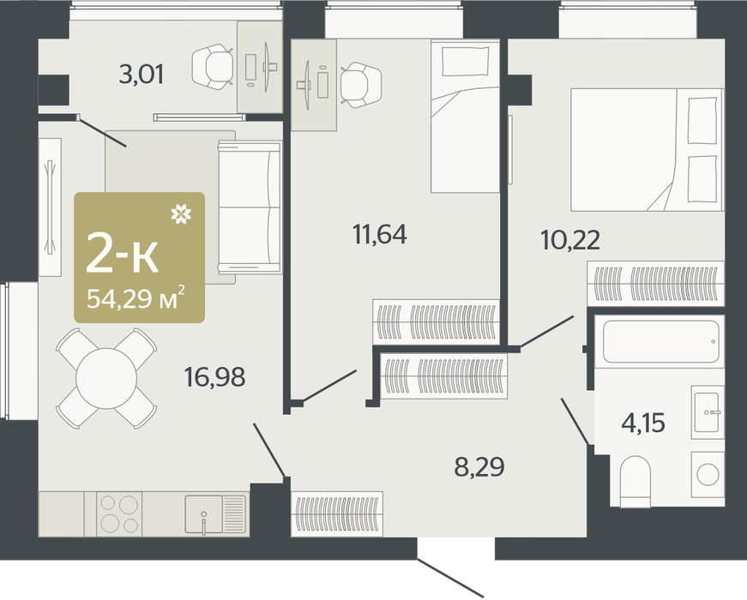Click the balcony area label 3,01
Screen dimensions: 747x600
point(141,75)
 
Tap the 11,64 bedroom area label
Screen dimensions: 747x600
point(380,234)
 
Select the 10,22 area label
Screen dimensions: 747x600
point(570,240)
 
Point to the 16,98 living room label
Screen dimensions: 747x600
point(215,376)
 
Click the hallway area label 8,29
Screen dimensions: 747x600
point(479,467)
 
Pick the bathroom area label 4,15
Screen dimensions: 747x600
point(643,423)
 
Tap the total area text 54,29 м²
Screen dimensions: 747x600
point(136,298)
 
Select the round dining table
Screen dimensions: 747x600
point(106,378)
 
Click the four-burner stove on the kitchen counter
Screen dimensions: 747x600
point(119,514)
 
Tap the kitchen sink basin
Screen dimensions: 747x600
point(203,514)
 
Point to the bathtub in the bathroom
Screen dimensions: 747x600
point(661,342)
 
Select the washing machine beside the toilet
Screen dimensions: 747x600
point(708,474)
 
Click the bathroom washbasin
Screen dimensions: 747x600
point(708,412)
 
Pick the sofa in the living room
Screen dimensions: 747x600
point(250,207)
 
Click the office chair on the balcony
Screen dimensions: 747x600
point(213,66)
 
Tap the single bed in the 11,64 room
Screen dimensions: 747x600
point(465,117)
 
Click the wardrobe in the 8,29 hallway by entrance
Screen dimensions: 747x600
point(337,514)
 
